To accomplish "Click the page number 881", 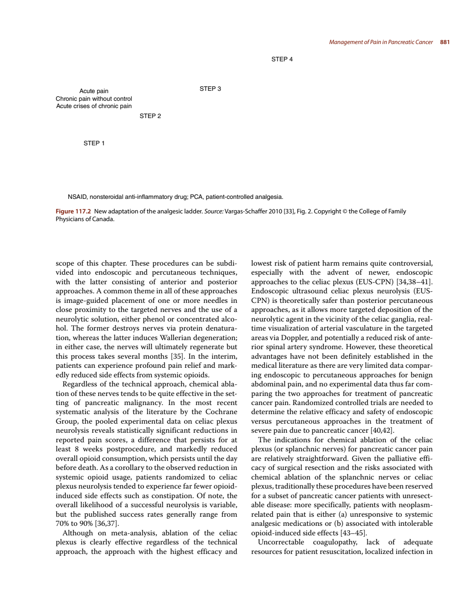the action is pyautogui.click(x=445, y=42).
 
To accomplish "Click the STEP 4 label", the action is pyautogui.click(x=282, y=59).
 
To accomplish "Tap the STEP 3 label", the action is pyautogui.click(x=210, y=89).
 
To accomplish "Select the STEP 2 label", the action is pyautogui.click(x=150, y=116).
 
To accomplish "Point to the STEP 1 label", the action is pyautogui.click(x=94, y=143).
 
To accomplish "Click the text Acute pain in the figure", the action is pyautogui.click(x=94, y=91).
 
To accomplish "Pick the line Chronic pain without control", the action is pyautogui.click(x=94, y=99).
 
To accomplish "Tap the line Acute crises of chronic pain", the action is pyautogui.click(x=94, y=106).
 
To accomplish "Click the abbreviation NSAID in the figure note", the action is pyautogui.click(x=77, y=197).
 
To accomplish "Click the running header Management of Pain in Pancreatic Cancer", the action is pyautogui.click(x=380, y=42).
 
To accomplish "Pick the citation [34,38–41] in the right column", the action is pyautogui.click(x=415, y=282).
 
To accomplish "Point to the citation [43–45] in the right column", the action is pyautogui.click(x=354, y=533).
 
